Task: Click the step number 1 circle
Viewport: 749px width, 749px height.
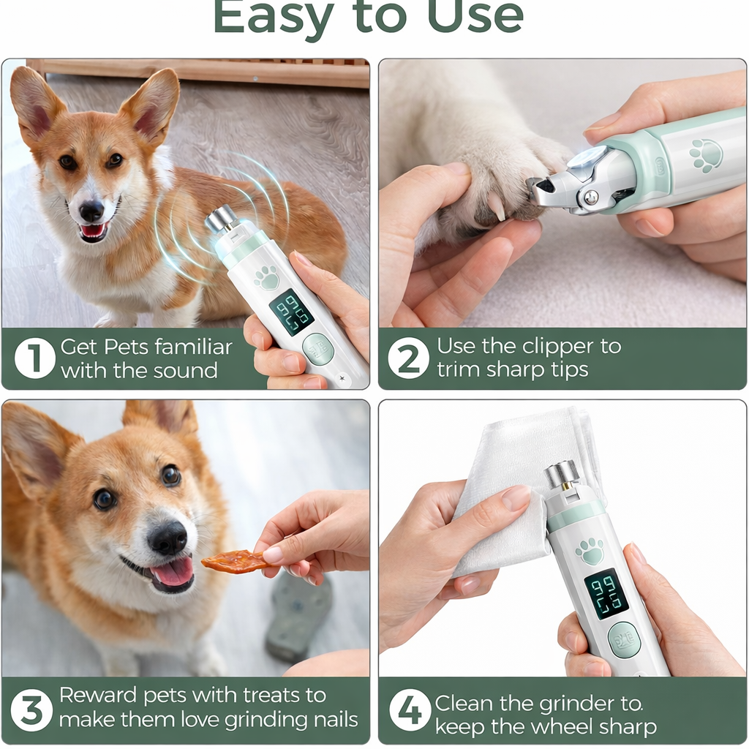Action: (x=34, y=358)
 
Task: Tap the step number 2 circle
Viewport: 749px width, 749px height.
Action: (x=408, y=358)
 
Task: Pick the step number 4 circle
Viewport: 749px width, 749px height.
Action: (x=410, y=710)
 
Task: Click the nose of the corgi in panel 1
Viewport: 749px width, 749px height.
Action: (x=91, y=211)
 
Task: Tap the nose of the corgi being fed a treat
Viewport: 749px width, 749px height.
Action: (x=168, y=539)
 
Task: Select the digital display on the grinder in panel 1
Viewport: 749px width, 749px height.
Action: (x=291, y=312)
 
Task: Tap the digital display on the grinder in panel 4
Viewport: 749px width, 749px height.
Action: (x=606, y=593)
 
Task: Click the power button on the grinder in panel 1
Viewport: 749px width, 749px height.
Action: (x=318, y=349)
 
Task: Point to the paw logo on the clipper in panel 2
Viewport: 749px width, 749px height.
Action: (x=706, y=156)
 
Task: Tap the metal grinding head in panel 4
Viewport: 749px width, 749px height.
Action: (x=562, y=475)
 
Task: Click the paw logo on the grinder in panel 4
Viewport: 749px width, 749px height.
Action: (x=590, y=551)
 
